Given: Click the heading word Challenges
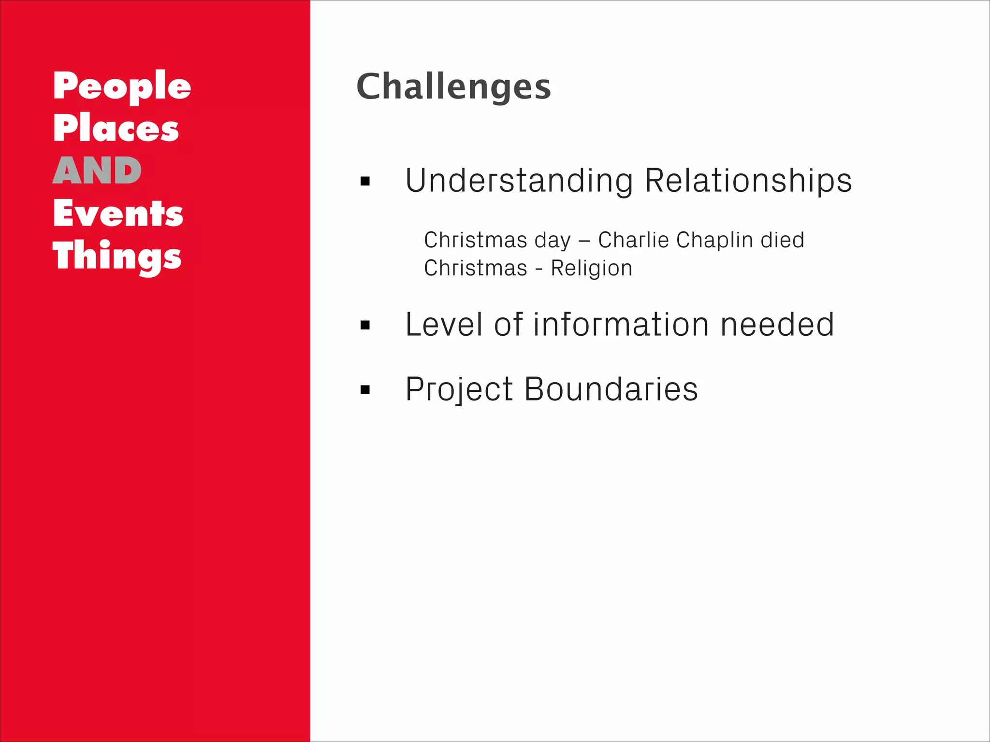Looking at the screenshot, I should coord(453,87).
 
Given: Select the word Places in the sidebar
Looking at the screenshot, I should coord(116,128).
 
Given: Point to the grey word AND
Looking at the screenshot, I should coord(97,171).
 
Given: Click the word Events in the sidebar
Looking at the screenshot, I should coord(118,214).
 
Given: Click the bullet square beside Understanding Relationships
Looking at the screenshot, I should coord(365,182).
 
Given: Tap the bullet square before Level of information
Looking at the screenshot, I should coord(365,325).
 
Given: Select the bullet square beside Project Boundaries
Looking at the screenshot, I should coord(365,390).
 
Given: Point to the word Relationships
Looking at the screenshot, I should coord(748,181).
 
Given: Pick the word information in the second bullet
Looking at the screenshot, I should coord(621,324).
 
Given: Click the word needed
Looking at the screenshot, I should coord(777,324).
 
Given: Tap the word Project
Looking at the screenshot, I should coord(459,390).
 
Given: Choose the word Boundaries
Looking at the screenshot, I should coord(611,389).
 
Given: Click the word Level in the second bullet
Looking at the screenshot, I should coord(444,324).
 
